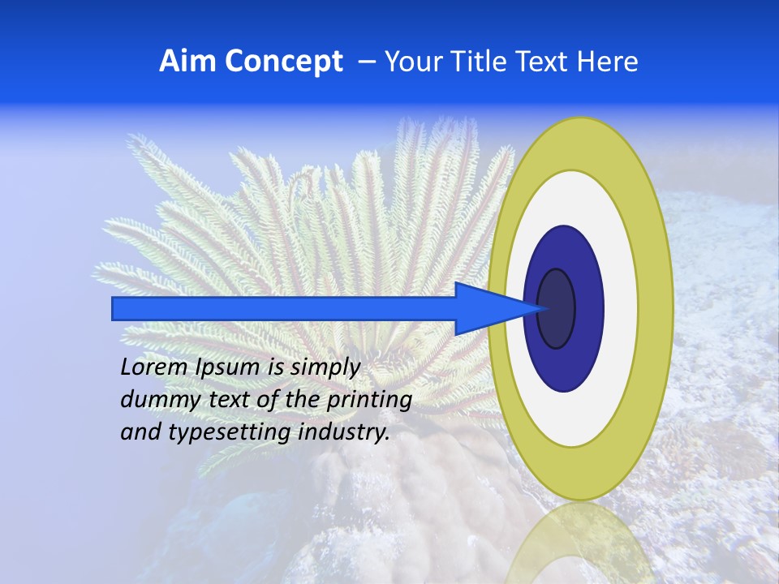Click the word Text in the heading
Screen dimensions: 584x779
[x=547, y=62]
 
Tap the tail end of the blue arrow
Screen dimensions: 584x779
[x=118, y=308]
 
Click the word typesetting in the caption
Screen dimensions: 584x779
[x=230, y=433]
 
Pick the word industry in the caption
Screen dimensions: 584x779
[x=344, y=433]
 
